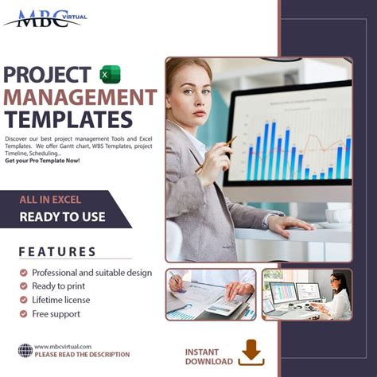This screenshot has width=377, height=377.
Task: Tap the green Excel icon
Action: coord(110,75)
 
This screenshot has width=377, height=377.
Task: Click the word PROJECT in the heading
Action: coord(47,75)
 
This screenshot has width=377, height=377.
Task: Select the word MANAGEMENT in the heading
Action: coord(80,97)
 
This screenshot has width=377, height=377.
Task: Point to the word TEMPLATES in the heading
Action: coord(68,119)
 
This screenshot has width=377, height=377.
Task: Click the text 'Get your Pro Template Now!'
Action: coord(42,161)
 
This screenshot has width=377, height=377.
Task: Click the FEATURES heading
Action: coord(57,251)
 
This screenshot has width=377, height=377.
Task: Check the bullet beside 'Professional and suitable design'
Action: coord(25,273)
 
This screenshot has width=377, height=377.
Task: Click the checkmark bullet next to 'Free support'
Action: coord(25,313)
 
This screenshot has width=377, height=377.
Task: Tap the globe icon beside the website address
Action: coord(25,350)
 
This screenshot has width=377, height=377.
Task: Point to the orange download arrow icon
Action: coord(252,351)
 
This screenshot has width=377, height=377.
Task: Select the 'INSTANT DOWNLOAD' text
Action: coord(209,356)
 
